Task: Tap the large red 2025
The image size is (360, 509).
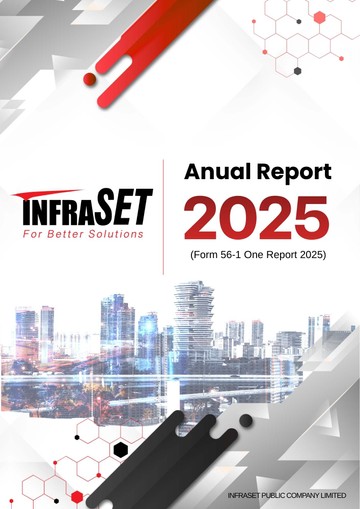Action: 256,218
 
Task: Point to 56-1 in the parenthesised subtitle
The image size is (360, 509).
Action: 231,255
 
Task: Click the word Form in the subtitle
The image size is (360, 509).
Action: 205,255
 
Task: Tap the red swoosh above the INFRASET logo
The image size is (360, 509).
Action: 47,194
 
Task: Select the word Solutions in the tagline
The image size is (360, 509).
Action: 116,234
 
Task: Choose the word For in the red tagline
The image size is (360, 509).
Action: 32,234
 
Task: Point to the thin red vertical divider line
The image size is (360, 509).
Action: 163,217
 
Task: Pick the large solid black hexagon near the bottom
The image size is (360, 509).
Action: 121,450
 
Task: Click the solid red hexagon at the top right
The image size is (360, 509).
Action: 319,17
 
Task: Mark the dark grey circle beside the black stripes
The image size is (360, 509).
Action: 246,421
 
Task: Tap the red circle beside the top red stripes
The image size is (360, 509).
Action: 90,78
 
